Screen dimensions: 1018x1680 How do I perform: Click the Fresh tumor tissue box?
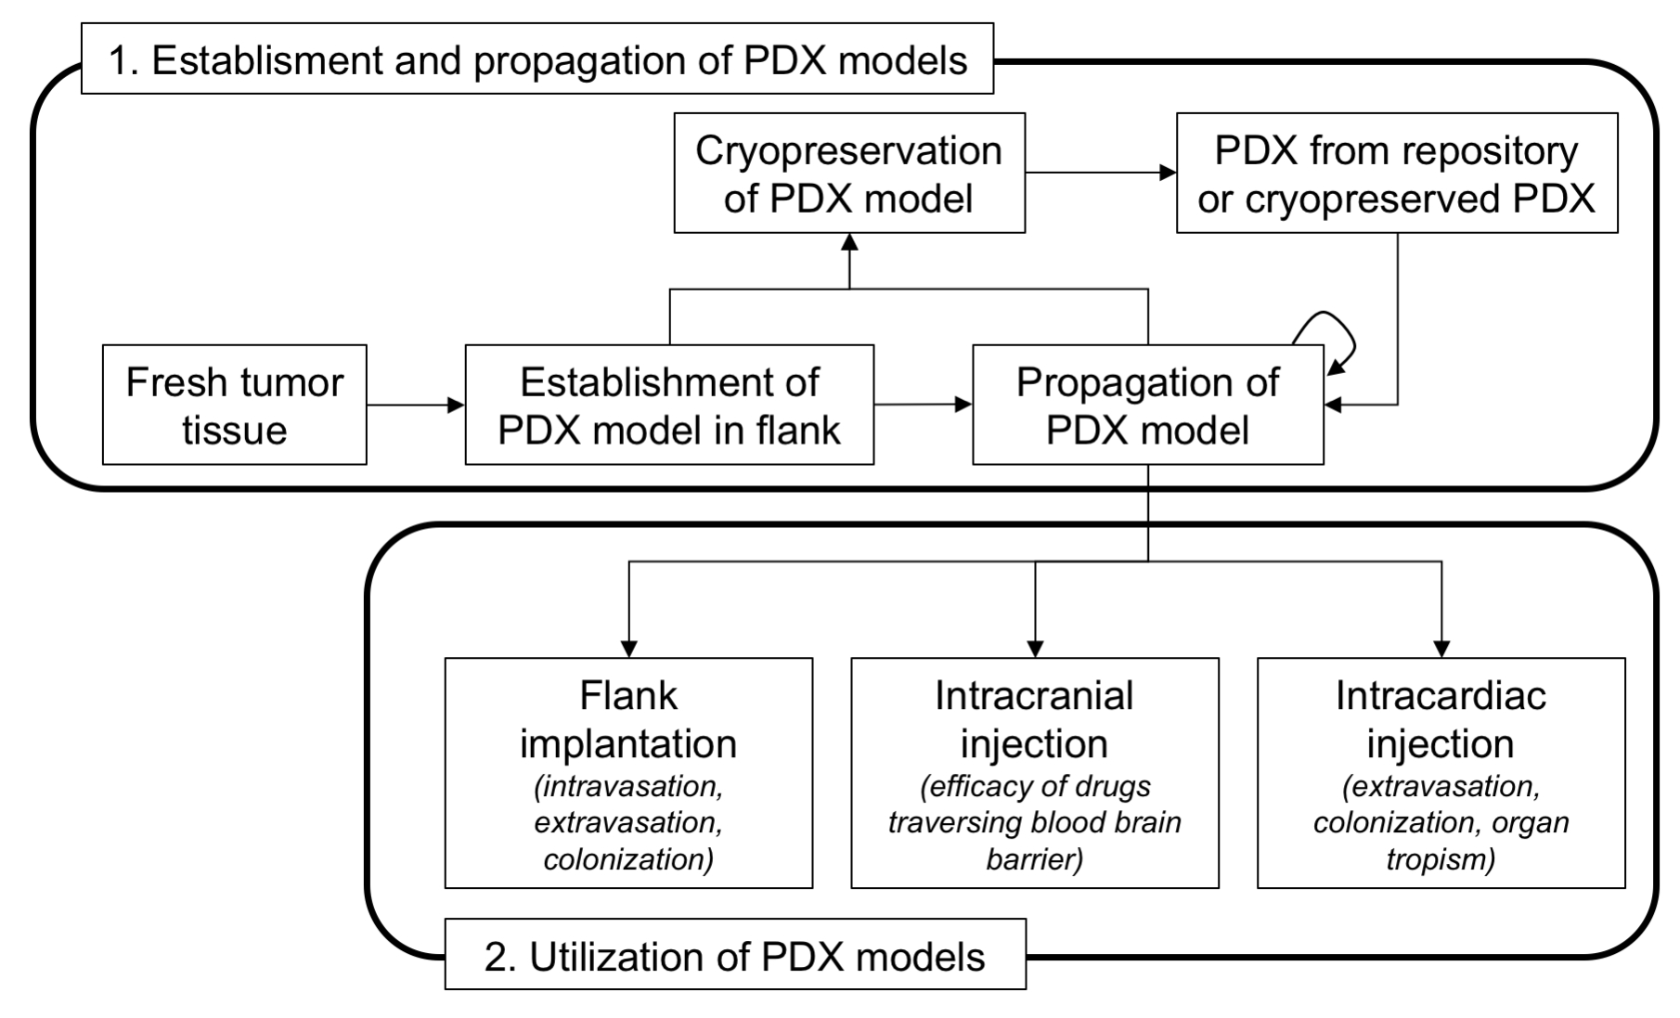tap(234, 406)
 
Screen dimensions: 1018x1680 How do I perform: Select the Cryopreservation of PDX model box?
tap(848, 174)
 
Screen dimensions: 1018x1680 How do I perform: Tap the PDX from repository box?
tap(1396, 174)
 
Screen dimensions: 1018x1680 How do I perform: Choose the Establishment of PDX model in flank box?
tap(668, 406)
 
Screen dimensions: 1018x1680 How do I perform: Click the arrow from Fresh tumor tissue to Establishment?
tap(415, 405)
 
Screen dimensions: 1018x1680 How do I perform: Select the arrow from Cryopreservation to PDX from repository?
tap(1100, 173)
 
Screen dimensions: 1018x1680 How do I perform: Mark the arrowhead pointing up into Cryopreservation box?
tap(848, 243)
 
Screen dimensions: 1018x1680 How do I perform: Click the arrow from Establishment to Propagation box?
tap(923, 405)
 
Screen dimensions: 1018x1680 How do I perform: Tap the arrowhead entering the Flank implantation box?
tap(628, 648)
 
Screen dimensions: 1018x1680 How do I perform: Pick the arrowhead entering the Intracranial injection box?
tap(1035, 648)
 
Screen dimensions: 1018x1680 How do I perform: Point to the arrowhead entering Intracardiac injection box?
tap(1441, 648)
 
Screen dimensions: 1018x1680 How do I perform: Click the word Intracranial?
tap(1034, 696)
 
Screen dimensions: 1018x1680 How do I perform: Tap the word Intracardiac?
tap(1441, 696)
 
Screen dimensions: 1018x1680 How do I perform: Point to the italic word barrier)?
tap(1034, 859)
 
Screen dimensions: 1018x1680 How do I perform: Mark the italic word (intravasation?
tap(628, 787)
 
